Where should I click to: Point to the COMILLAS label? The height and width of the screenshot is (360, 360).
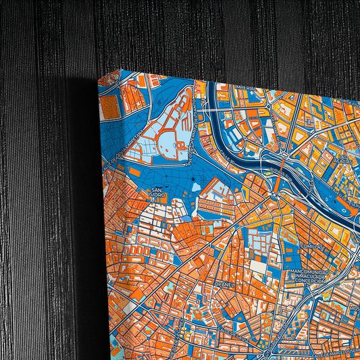313,247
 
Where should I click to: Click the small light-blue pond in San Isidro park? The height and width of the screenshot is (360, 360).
195,186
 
